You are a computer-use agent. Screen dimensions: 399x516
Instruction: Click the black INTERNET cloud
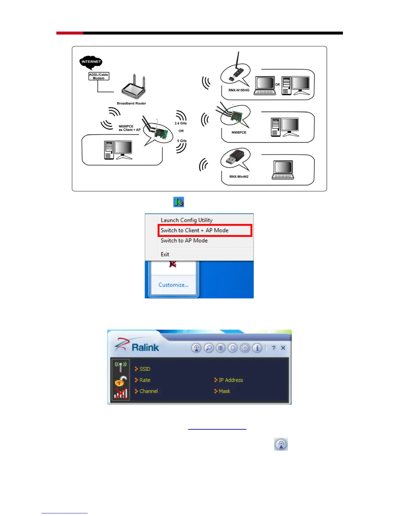coord(91,62)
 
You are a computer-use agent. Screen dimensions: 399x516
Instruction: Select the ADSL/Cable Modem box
coord(98,76)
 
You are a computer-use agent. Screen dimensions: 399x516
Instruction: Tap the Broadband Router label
coord(131,103)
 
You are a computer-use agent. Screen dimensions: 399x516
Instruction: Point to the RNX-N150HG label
coord(239,90)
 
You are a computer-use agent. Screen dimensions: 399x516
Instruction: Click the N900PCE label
coord(239,133)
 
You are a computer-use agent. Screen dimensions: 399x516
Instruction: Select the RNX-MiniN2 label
coord(239,177)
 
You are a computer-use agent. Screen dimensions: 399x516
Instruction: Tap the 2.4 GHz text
coord(181,123)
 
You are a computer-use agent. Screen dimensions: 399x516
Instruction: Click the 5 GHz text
coord(182,141)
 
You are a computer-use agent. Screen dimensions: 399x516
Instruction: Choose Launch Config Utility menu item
coord(186,220)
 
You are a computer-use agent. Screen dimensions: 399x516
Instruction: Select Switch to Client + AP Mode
coord(195,230)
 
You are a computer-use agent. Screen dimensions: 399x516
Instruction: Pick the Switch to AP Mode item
coord(184,240)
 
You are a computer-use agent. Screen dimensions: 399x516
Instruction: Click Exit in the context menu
coord(165,254)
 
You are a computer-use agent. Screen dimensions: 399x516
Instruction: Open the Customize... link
coord(173,285)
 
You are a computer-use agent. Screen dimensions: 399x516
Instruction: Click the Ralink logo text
coord(145,347)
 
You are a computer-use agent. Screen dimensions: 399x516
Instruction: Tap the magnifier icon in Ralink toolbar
coord(209,348)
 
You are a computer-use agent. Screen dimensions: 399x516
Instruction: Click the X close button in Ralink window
coord(283,348)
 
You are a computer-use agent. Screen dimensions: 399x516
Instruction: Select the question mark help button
coord(273,348)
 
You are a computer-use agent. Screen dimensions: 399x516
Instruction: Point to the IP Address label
coord(231,380)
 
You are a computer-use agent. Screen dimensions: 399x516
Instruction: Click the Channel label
coord(149,391)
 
